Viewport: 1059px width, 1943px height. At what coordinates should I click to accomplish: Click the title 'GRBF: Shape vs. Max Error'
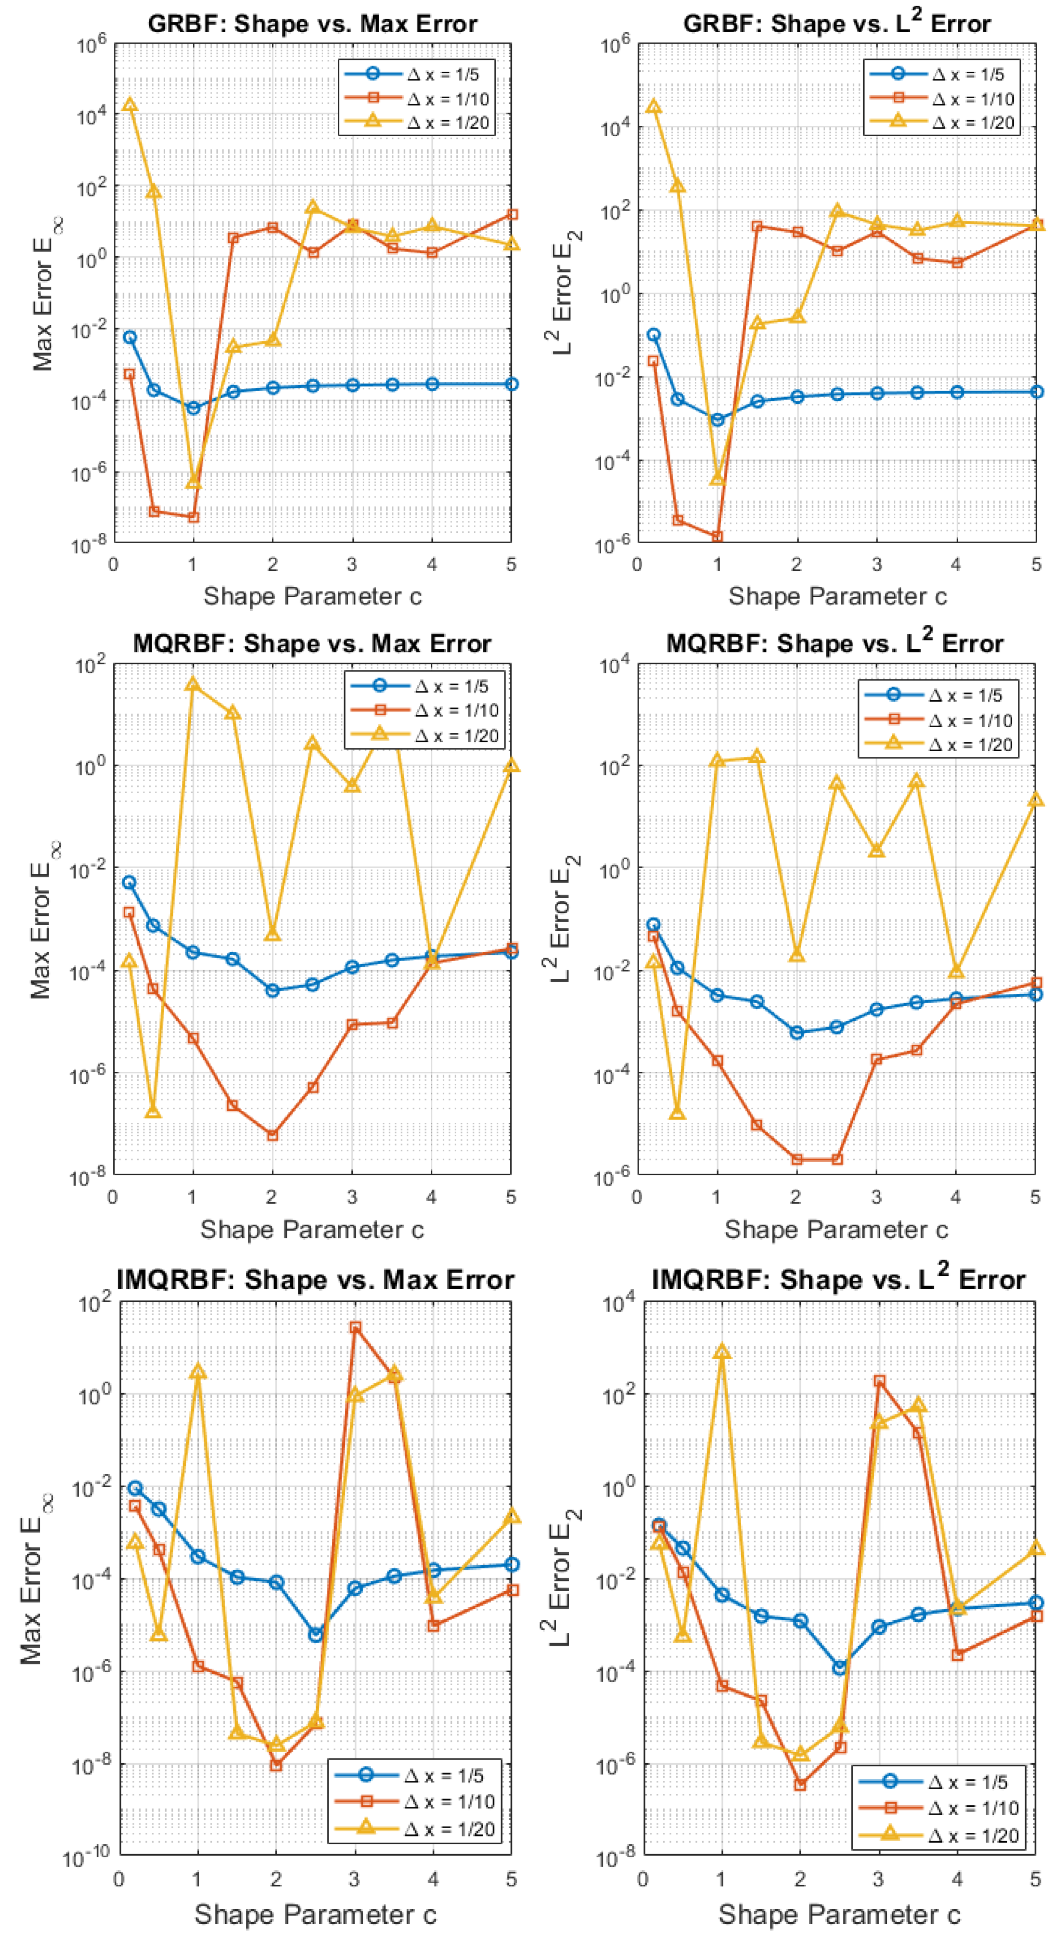pos(312,23)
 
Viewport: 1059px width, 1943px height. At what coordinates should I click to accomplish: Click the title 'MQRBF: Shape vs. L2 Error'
pos(834,642)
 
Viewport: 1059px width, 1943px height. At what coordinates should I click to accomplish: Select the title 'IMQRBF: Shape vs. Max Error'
pos(315,1279)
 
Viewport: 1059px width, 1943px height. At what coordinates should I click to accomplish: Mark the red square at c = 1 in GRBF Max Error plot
pos(193,517)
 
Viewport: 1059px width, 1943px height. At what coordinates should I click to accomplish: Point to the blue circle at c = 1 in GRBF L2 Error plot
pos(717,419)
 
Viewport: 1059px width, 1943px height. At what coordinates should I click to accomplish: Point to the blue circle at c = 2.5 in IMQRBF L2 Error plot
pos(839,1668)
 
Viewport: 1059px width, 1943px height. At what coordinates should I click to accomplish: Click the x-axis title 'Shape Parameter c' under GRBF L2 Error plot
pos(837,596)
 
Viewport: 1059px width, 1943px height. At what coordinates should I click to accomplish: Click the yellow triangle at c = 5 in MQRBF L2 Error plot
pos(1036,799)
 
